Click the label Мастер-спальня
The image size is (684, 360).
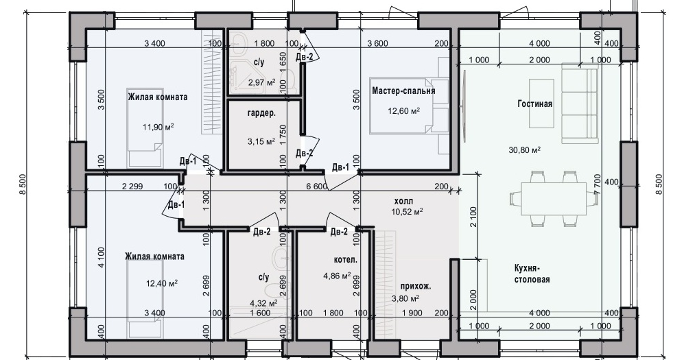tap(403, 91)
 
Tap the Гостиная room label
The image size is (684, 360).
tap(535, 104)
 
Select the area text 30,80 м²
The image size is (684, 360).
tap(524, 150)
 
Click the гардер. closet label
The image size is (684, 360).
tap(261, 113)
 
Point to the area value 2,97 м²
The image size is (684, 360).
tap(262, 82)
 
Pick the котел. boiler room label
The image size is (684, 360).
tap(346, 260)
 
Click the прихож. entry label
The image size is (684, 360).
tap(416, 287)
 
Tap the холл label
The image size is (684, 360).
tap(403, 202)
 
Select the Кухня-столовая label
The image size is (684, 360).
tap(532, 274)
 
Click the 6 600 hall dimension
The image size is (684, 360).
tap(317, 187)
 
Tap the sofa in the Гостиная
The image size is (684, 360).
tap(580, 104)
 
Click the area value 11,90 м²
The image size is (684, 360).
tap(158, 128)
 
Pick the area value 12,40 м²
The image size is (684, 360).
tap(161, 284)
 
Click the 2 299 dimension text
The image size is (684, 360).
tap(132, 187)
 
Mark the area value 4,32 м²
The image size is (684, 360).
tap(264, 303)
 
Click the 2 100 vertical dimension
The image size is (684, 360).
tap(474, 217)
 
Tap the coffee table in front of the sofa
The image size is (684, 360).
tap(541, 104)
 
